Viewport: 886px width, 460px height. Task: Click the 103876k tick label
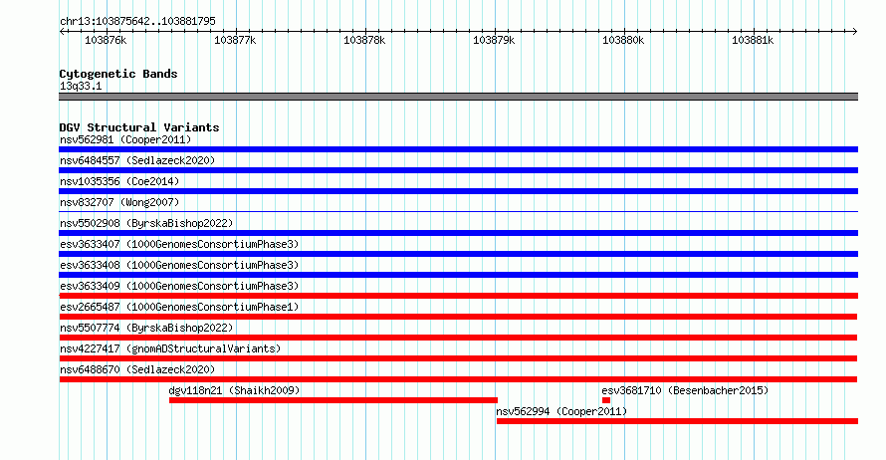(x=106, y=40)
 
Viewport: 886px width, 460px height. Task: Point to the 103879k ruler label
(x=494, y=40)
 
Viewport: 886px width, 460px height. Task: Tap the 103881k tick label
(x=753, y=40)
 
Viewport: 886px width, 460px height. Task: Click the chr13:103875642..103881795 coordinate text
(x=137, y=22)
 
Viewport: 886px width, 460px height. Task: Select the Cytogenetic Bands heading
(x=118, y=74)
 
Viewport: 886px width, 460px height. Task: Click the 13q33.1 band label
(x=81, y=86)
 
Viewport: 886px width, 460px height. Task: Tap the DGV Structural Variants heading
(x=139, y=127)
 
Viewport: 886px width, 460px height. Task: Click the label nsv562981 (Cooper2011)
(x=125, y=139)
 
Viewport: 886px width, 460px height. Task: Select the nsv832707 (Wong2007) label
(x=119, y=202)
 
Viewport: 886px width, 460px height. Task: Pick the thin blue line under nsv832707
(x=458, y=212)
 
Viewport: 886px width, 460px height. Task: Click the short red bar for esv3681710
(x=605, y=400)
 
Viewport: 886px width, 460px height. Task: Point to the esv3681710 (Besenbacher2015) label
(x=685, y=390)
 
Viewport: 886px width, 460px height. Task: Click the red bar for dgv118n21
(x=333, y=400)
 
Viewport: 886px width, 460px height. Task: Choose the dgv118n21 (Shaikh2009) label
(x=234, y=390)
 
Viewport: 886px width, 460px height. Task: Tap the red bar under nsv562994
(x=677, y=421)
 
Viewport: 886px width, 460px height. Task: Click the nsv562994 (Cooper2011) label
(x=561, y=411)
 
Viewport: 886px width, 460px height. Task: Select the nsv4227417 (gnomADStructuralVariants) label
(x=170, y=348)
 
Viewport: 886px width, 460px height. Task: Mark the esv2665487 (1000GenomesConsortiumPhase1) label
(x=179, y=307)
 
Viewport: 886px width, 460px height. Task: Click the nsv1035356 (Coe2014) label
(x=119, y=181)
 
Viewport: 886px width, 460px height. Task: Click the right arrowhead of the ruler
(x=855, y=31)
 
